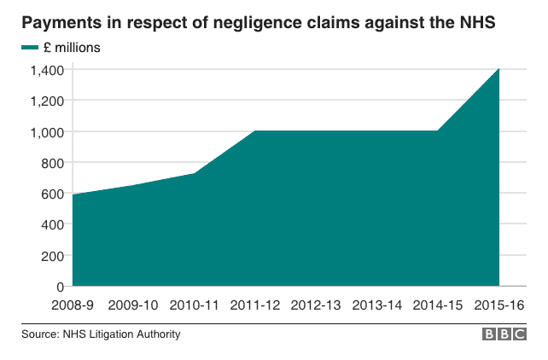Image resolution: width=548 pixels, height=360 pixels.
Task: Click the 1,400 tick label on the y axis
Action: pyautogui.click(x=45, y=70)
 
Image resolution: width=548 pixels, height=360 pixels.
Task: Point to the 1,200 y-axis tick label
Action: pyautogui.click(x=45, y=101)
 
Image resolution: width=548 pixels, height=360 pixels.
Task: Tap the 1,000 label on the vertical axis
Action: pyautogui.click(x=45, y=132)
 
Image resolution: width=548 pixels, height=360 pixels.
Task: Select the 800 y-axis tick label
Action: pyautogui.click(x=51, y=163)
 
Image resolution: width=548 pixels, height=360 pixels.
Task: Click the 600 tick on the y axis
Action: pyautogui.click(x=51, y=194)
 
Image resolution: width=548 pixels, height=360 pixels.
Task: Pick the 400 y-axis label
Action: pyautogui.click(x=51, y=225)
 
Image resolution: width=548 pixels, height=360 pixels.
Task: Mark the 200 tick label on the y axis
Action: pyautogui.click(x=51, y=256)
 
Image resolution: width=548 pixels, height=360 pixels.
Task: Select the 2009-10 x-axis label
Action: pyautogui.click(x=134, y=305)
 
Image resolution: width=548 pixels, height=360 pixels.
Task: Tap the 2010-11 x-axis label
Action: pyautogui.click(x=195, y=305)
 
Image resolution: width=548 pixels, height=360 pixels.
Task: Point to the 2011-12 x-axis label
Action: pyautogui.click(x=255, y=305)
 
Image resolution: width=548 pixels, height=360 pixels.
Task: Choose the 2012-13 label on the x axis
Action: pyautogui.click(x=317, y=305)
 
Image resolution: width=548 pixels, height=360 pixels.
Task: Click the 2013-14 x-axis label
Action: pyautogui.click(x=377, y=305)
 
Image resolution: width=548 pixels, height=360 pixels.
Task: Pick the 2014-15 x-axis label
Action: pyautogui.click(x=438, y=305)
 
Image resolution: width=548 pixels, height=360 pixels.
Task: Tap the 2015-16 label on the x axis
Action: pyautogui.click(x=498, y=305)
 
